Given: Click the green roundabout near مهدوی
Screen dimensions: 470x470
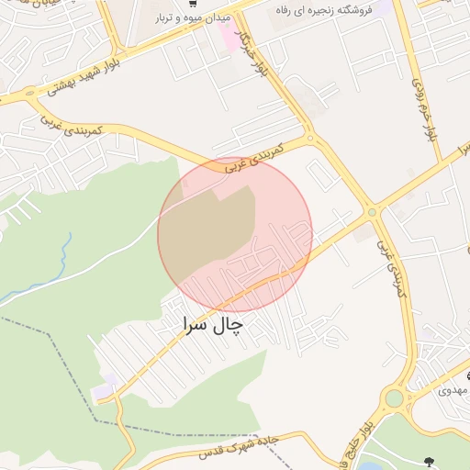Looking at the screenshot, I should pos(395,398).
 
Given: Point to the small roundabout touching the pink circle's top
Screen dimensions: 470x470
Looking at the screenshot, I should pos(310,140).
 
